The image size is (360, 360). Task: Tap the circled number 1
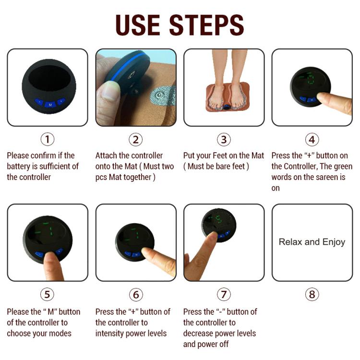pos(47,139)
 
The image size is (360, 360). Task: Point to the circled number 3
pos(224,139)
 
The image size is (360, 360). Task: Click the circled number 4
pos(312,139)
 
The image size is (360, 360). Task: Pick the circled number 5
pos(47,294)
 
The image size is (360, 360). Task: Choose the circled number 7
pos(224,294)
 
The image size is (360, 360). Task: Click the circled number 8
pos(312,294)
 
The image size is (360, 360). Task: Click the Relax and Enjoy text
pos(312,242)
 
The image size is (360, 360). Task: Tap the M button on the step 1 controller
pos(50,104)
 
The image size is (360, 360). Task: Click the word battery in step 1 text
pos(19,167)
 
